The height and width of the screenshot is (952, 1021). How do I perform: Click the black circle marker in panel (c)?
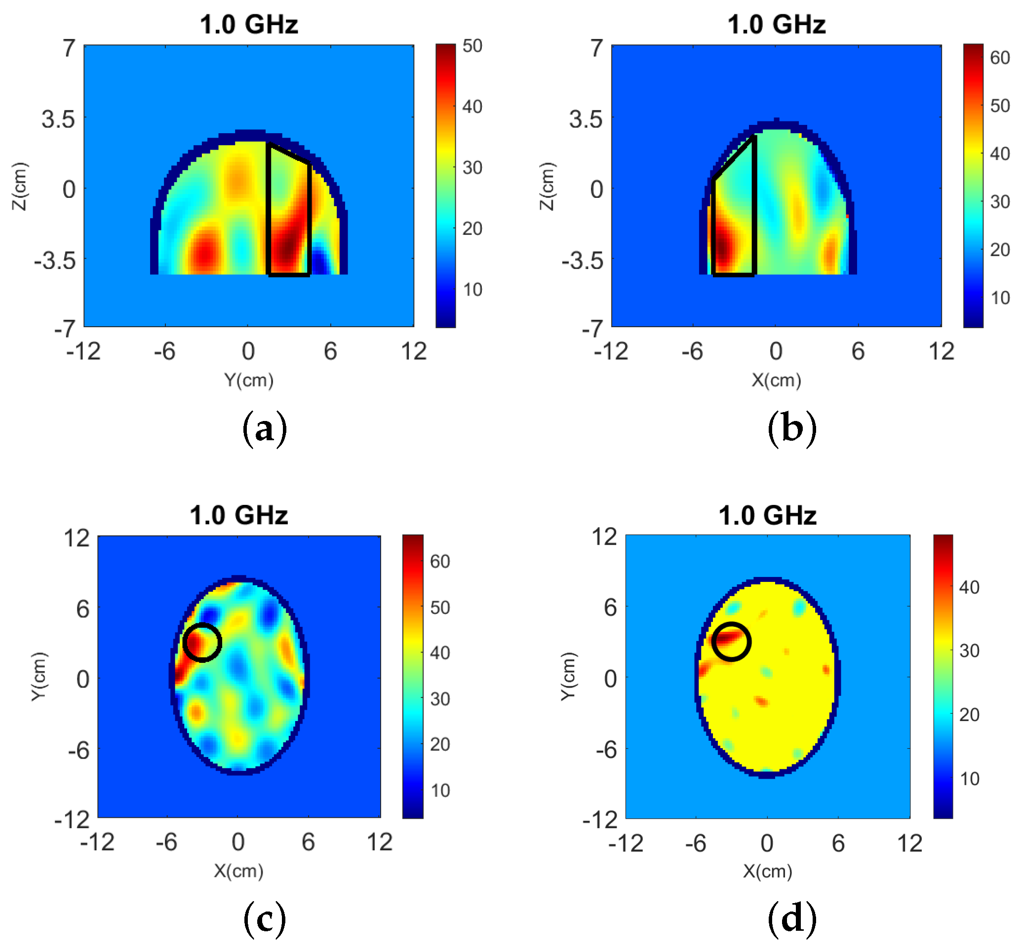point(202,643)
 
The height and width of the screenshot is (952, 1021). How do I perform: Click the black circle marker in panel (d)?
point(731,642)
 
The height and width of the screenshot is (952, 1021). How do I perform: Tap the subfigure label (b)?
point(791,429)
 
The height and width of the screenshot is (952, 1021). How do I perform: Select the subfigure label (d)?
point(791,918)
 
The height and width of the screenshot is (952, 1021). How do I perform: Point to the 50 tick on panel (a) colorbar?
point(472,46)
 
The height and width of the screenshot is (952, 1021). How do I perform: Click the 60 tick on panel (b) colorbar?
point(999,58)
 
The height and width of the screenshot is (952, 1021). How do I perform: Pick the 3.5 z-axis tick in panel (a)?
point(58,119)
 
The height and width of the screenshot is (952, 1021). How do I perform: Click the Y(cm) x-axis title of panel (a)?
point(248,381)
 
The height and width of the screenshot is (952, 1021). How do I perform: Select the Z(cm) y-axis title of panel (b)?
point(548,186)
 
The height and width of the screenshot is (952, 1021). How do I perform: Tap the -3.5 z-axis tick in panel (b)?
point(582,261)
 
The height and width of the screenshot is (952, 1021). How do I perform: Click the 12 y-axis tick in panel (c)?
point(77,538)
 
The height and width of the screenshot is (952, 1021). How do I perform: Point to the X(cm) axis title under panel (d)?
point(767,872)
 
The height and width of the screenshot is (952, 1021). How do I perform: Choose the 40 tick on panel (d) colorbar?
point(969,587)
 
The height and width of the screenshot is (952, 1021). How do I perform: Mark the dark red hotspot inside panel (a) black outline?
point(286,246)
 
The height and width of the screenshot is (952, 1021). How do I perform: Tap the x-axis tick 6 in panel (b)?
point(858,352)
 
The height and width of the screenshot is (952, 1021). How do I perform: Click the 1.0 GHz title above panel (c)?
point(238,515)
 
